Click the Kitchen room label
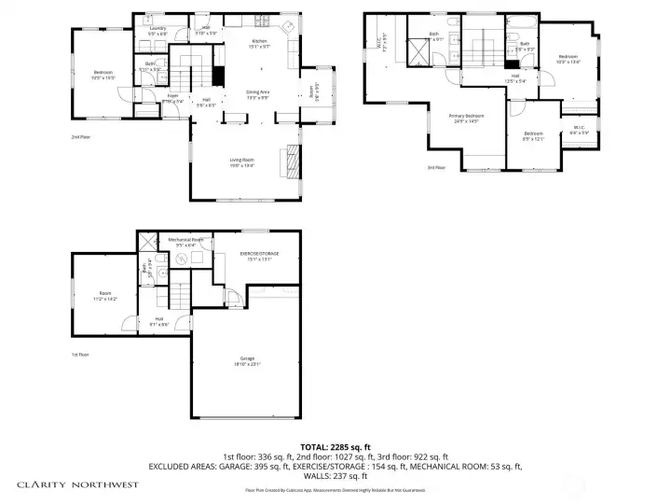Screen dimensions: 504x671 [x=259, y=44]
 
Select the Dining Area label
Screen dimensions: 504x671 [x=257, y=93]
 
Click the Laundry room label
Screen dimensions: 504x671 [x=157, y=30]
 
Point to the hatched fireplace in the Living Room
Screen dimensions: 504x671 [x=294, y=161]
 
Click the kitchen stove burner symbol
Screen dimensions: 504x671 [x=289, y=25]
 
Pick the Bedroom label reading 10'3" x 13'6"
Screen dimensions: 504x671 [x=568, y=59]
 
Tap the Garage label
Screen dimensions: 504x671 [x=246, y=362]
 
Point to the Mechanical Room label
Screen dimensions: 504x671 [x=185, y=242]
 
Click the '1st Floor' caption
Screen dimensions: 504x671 [x=81, y=355]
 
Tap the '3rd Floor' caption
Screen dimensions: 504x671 [x=436, y=167]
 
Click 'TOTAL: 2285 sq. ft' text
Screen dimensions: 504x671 [x=335, y=446]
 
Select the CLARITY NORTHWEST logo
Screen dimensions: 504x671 [x=78, y=484]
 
